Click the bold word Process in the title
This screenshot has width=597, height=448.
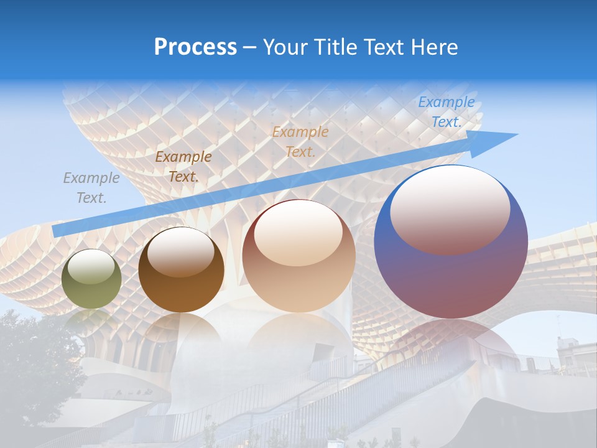click(x=195, y=47)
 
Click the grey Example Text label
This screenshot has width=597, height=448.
click(x=91, y=188)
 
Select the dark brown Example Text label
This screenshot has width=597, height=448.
click(x=183, y=167)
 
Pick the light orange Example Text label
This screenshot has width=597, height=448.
click(x=300, y=141)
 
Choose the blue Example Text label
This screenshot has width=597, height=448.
click(x=446, y=112)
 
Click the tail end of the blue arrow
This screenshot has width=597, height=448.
click(x=57, y=231)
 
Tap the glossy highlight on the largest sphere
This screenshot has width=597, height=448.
click(x=450, y=208)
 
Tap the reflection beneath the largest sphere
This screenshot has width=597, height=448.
click(x=451, y=339)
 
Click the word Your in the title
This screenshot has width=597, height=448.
click(x=284, y=47)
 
